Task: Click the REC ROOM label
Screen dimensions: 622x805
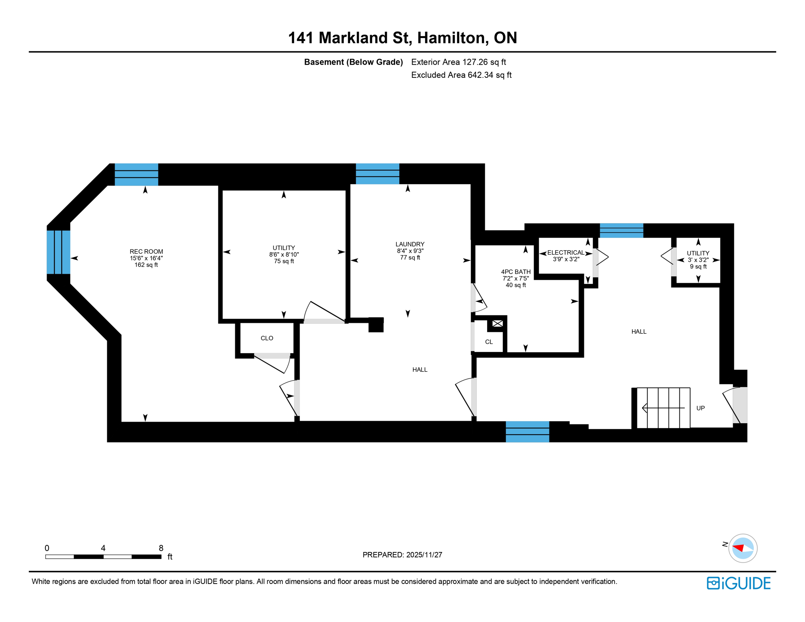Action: point(146,251)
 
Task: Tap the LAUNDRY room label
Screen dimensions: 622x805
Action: point(410,244)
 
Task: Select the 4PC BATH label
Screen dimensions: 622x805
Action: point(515,272)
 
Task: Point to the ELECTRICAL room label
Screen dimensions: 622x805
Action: point(566,253)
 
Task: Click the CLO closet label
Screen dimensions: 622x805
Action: point(267,338)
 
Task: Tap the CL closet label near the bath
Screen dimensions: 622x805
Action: point(489,342)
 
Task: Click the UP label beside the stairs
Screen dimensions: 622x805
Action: point(700,408)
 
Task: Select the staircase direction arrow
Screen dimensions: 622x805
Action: point(663,408)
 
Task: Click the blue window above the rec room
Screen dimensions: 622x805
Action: point(136,175)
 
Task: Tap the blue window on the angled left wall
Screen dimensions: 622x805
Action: point(58,252)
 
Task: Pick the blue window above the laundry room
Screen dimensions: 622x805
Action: point(377,174)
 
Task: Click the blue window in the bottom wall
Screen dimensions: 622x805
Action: point(527,432)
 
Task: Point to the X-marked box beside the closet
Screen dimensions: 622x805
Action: point(498,324)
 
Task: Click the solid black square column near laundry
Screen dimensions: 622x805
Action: point(376,325)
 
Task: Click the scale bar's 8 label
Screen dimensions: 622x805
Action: point(161,548)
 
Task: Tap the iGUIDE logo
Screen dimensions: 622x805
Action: point(739,583)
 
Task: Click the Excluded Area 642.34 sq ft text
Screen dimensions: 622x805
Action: point(461,75)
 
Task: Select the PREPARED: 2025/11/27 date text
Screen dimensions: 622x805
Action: point(402,555)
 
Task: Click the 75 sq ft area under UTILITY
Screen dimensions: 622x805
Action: point(284,261)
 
